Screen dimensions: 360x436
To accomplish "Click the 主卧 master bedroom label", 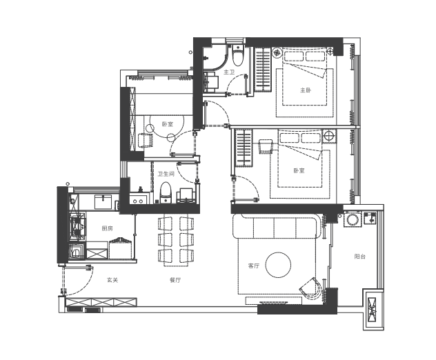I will (x=305, y=90).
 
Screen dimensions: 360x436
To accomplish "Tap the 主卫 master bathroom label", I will (x=229, y=72).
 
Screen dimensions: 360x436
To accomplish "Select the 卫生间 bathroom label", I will (x=166, y=174).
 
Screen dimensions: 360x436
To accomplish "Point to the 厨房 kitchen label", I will (x=107, y=228).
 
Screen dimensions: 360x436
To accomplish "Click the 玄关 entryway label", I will (x=112, y=280).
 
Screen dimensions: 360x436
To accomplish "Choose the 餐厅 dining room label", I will (x=175, y=280).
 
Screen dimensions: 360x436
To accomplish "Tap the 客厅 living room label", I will (x=253, y=266).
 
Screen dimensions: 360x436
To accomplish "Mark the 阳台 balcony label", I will (x=359, y=256).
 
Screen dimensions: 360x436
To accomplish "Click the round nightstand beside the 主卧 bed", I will (x=277, y=52).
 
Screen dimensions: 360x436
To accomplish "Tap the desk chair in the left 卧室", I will (x=146, y=140).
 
